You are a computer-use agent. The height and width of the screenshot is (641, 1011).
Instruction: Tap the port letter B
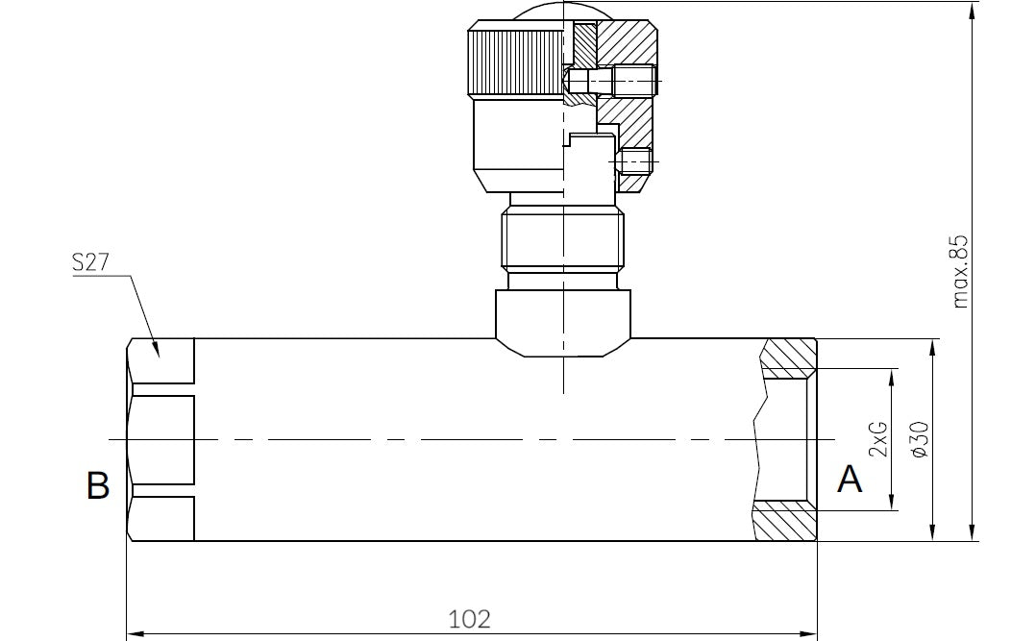[x=98, y=485]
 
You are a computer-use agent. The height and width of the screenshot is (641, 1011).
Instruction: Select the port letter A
[x=850, y=479]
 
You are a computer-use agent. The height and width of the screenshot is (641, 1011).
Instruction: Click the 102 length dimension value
[x=470, y=618]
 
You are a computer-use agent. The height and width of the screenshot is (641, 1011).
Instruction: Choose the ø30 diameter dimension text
[x=917, y=438]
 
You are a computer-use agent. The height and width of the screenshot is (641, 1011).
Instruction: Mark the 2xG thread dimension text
[x=877, y=438]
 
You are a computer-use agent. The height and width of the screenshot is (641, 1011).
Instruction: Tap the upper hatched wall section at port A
[x=788, y=357]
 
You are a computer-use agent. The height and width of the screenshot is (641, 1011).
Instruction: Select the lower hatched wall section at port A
[x=783, y=521]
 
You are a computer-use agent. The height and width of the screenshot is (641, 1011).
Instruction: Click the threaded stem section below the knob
[x=563, y=240]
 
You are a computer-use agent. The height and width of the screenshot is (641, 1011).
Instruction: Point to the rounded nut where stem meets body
[x=563, y=322]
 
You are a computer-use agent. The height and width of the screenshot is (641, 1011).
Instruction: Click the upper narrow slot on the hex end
[x=163, y=390]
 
